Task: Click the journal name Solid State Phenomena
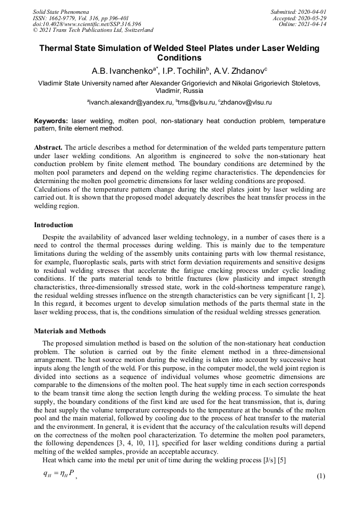pyautogui.click(x=61, y=11)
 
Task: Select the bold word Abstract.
pyautogui.click(x=49, y=146)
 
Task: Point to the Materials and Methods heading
pyautogui.click(x=70, y=331)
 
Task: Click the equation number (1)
pyautogui.click(x=320, y=476)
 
